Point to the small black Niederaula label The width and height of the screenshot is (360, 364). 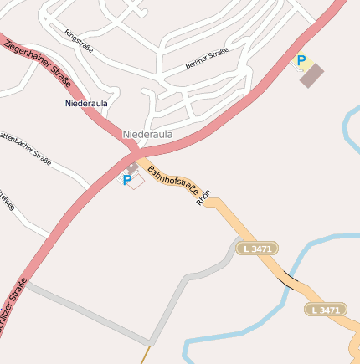tap(85, 103)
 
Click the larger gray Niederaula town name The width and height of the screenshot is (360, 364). tap(147, 134)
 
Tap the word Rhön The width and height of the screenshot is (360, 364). tap(203, 197)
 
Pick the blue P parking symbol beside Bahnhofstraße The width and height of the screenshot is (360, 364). tap(127, 180)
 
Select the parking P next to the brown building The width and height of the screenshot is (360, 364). tap(301, 61)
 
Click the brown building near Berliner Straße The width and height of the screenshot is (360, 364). tap(311, 76)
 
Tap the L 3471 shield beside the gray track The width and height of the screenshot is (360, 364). tap(257, 249)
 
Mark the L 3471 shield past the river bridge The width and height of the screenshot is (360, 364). tap(324, 310)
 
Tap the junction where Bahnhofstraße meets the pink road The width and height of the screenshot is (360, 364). tap(135, 156)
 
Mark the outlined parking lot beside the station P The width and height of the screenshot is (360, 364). tap(136, 181)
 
